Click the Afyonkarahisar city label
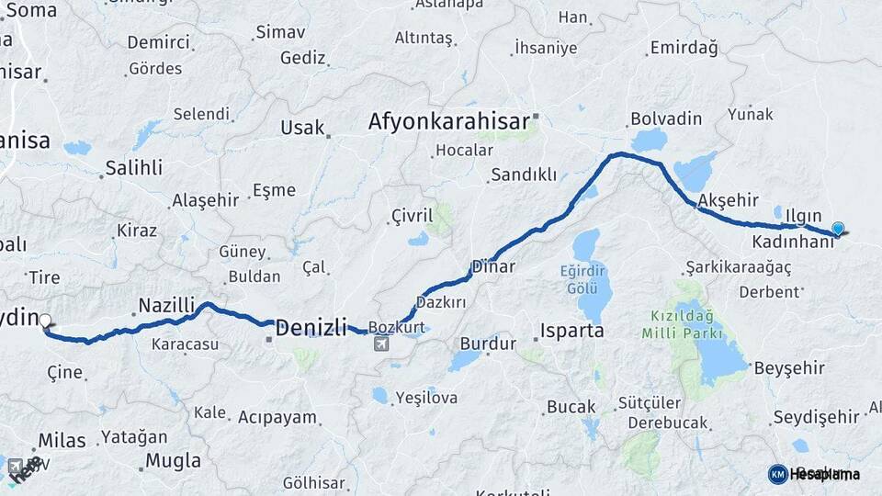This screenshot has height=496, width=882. point(449,121)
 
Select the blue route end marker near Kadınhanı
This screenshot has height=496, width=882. point(837,229)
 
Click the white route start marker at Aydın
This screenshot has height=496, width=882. point(45,321)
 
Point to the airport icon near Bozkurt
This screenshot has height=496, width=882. point(381,344)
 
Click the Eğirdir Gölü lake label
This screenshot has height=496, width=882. point(582,279)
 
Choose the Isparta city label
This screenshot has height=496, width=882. point(572,331)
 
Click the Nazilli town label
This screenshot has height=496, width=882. point(166,305)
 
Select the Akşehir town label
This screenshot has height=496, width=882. point(728,199)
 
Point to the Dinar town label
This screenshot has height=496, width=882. point(493,267)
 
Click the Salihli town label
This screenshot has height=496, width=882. point(133,167)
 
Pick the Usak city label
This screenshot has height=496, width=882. point(302,128)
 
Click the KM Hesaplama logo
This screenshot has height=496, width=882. point(814,474)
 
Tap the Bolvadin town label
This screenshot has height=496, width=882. point(666,119)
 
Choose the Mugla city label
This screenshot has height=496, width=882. point(173,460)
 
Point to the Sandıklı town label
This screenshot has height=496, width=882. point(524,175)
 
